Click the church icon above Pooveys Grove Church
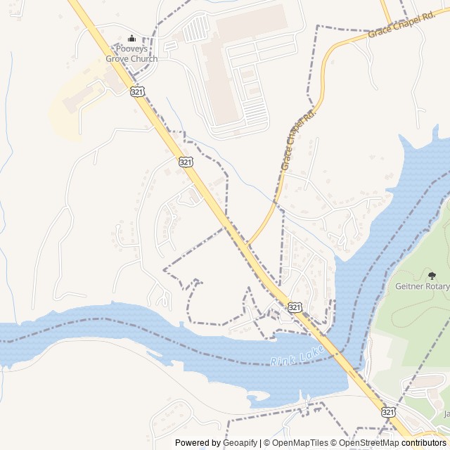pyautogui.click(x=131, y=38)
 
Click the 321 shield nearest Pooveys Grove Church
pyautogui.click(x=137, y=91)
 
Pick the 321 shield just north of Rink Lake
pyautogui.click(x=295, y=307)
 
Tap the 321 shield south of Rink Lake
pyautogui.click(x=388, y=411)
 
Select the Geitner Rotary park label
pyautogui.click(x=422, y=286)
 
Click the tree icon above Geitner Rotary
pyautogui.click(x=432, y=274)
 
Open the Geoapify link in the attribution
pyautogui.click(x=241, y=443)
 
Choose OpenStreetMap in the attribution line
pyautogui.click(x=369, y=443)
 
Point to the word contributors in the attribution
pyautogui.click(x=424, y=443)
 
